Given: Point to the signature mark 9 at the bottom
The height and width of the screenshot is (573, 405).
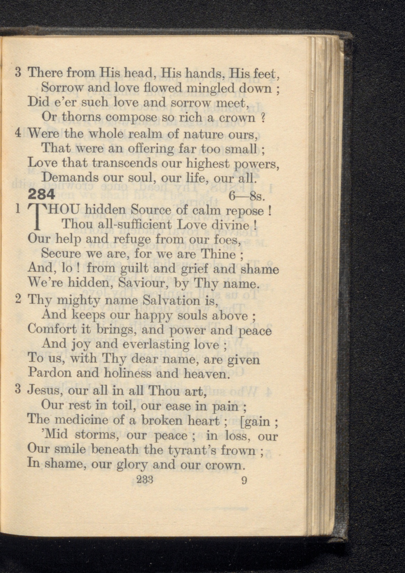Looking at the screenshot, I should (x=244, y=481).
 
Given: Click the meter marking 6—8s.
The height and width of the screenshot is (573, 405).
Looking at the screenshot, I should (x=248, y=197).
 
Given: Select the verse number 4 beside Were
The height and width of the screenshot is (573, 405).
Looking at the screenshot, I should (x=18, y=133).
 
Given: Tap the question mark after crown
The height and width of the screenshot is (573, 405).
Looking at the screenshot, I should (x=263, y=118).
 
